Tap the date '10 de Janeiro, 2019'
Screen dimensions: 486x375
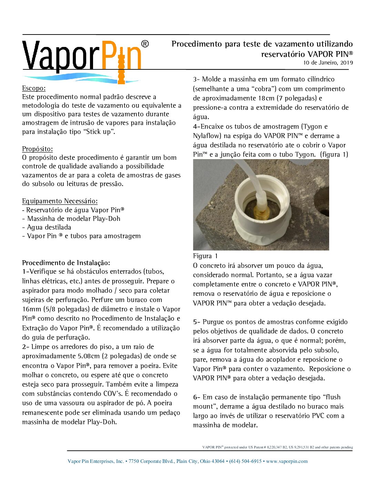(328, 63)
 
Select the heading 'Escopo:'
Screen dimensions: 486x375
(34, 88)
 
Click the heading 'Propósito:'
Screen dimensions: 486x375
(38, 149)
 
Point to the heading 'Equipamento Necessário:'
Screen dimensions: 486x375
(60, 201)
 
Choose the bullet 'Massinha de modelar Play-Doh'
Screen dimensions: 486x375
(73, 218)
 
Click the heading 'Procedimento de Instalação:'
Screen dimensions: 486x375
(66, 263)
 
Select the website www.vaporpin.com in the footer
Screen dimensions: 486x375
(287, 461)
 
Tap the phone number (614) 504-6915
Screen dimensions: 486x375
(245, 461)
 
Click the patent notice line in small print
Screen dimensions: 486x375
(277, 447)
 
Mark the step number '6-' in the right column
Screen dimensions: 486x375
(196, 397)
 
